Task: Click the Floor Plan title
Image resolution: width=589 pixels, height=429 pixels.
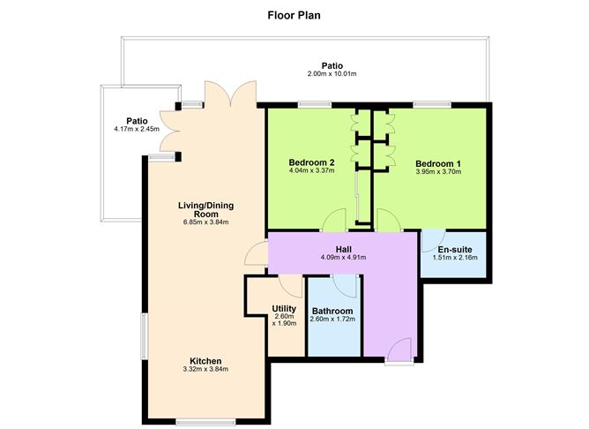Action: (x=294, y=15)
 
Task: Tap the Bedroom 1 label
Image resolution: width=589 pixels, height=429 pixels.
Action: (x=438, y=163)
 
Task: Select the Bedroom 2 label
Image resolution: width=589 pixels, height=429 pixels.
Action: (x=311, y=163)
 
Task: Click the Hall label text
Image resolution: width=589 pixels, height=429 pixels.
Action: (x=343, y=249)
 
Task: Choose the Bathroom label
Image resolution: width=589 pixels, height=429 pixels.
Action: (x=332, y=311)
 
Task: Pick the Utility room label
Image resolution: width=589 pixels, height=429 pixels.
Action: (x=284, y=308)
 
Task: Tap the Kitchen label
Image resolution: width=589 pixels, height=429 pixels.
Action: (x=205, y=360)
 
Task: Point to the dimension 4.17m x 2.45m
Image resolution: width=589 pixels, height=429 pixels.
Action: (x=136, y=130)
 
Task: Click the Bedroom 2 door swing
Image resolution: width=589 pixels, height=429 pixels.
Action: (x=333, y=221)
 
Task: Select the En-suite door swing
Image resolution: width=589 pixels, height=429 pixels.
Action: (x=433, y=241)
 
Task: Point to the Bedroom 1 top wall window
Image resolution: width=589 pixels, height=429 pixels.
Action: (x=428, y=104)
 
